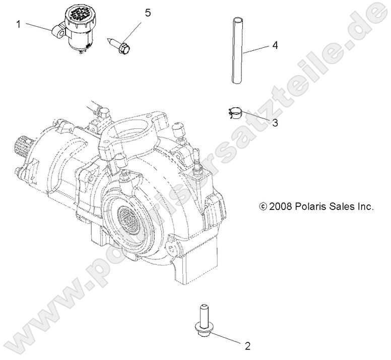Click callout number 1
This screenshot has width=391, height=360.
click(x=18, y=24)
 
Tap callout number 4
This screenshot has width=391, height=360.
click(x=275, y=45)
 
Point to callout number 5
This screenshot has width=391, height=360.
click(x=148, y=13)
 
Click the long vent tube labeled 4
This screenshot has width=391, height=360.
click(x=237, y=50)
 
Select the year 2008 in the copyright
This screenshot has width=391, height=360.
click(x=294, y=206)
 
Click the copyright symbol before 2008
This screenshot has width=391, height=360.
click(x=277, y=206)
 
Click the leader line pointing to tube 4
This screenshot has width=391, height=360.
click(x=257, y=48)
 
